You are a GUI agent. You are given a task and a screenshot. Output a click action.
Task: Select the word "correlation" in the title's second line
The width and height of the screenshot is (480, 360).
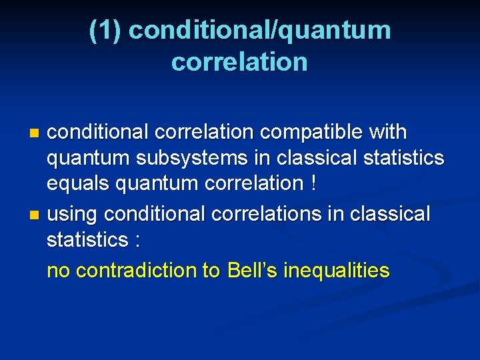239,61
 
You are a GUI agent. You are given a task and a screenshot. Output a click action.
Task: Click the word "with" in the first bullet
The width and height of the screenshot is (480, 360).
387,133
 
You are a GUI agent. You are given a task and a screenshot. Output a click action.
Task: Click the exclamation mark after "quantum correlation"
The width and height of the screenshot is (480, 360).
313,183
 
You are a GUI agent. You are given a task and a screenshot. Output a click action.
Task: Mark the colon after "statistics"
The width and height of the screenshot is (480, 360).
137,240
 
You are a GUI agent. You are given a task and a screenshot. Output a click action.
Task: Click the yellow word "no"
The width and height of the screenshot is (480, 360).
57,271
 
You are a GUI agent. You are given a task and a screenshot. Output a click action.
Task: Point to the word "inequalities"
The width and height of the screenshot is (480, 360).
336,271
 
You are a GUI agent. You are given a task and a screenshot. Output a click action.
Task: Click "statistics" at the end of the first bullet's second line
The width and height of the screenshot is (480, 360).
405,158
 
